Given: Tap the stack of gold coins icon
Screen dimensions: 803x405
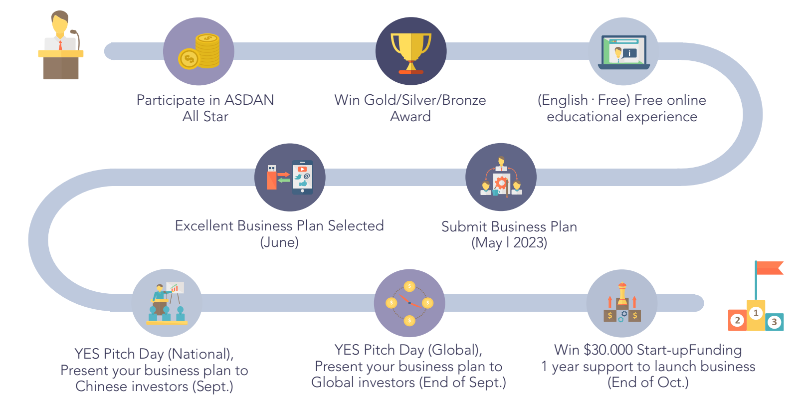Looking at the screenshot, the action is [x=199, y=51].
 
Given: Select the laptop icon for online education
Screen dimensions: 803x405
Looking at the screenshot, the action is [x=624, y=52].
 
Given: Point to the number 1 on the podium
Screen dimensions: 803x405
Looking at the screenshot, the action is [x=756, y=313].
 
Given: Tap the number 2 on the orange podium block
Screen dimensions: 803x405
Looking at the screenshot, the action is [x=737, y=320].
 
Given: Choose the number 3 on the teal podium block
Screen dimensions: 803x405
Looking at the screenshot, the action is [x=774, y=322].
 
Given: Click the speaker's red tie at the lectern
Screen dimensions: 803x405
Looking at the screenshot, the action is [x=60, y=45].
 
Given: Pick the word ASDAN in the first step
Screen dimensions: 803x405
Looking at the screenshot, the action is [x=249, y=100].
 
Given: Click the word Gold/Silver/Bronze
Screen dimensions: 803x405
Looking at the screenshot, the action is [x=425, y=100].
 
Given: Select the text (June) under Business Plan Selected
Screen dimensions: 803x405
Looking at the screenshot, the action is [x=279, y=242].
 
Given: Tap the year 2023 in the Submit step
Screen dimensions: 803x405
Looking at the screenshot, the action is [x=530, y=243].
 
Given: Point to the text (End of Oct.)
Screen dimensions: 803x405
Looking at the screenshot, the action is [x=648, y=383].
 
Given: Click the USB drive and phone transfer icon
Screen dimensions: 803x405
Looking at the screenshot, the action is [x=290, y=178].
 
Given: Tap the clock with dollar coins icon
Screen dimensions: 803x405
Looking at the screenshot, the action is [x=409, y=303].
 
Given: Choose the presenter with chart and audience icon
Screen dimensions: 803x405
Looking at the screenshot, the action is [x=167, y=303].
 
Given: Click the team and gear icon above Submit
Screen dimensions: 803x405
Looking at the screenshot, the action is [x=501, y=177].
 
